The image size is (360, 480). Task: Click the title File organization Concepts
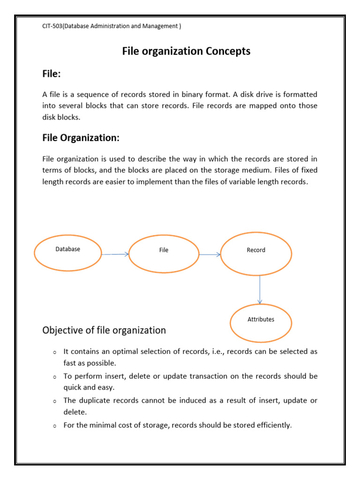pos(186,51)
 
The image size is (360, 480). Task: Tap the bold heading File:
pos(52,74)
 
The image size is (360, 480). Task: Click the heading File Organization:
pos(81,138)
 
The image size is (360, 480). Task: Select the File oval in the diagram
pos(164,254)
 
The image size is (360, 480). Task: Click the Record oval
pos(256,254)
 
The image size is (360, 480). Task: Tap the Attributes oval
pos(261,323)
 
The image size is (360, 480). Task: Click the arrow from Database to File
pos(115,254)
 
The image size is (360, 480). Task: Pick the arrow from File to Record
pos(210,255)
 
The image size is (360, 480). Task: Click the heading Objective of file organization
pos(104,330)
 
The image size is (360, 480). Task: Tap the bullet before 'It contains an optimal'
pos(54,352)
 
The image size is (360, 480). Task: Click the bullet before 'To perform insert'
pos(54,377)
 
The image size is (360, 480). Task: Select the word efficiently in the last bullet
pos(275,426)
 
